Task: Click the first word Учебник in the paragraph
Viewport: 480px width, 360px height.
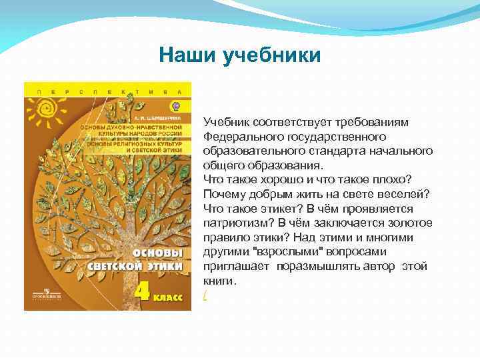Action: [x=227, y=122]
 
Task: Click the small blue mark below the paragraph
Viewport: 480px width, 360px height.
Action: [x=205, y=295]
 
